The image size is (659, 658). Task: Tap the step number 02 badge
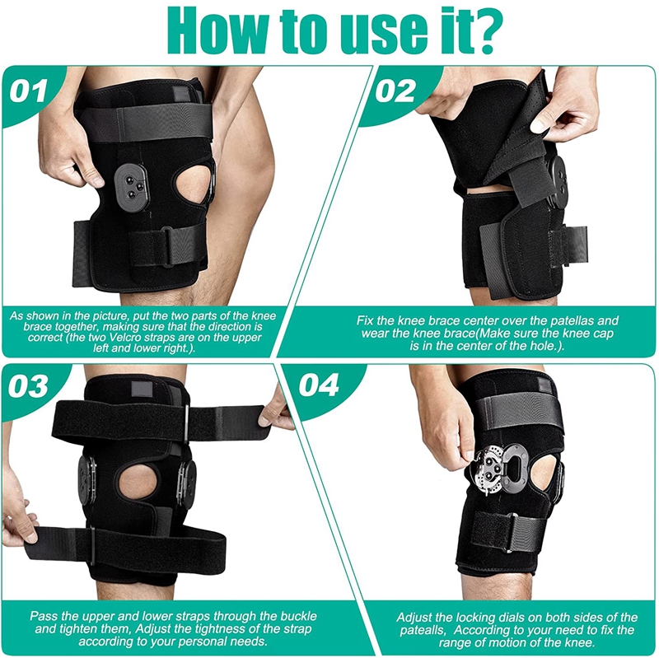point(395,89)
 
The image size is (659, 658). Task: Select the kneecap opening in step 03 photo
point(136,485)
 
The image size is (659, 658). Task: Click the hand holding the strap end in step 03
point(275,409)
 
